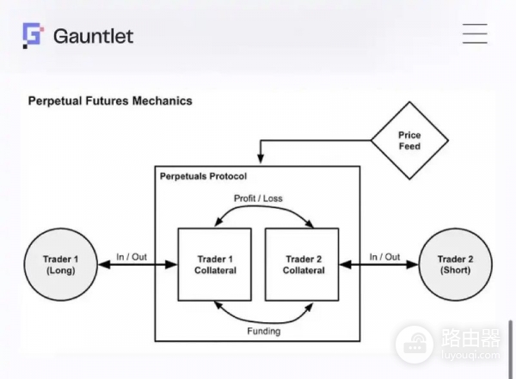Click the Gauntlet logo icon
coord(33,35)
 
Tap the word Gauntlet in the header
coord(93,36)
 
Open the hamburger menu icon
coord(475,34)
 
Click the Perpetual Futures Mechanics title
coord(110,101)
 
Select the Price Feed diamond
coord(409,141)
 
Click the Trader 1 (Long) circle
coord(60,265)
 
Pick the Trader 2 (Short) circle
coord(455,265)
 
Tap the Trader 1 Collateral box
coord(214,265)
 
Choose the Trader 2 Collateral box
coord(304,265)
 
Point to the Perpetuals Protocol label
coord(203,176)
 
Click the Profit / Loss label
coord(258,199)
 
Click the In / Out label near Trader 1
coord(132,257)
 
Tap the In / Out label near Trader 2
coord(385,257)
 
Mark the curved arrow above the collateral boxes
coord(258,211)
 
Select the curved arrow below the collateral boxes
coord(258,318)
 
